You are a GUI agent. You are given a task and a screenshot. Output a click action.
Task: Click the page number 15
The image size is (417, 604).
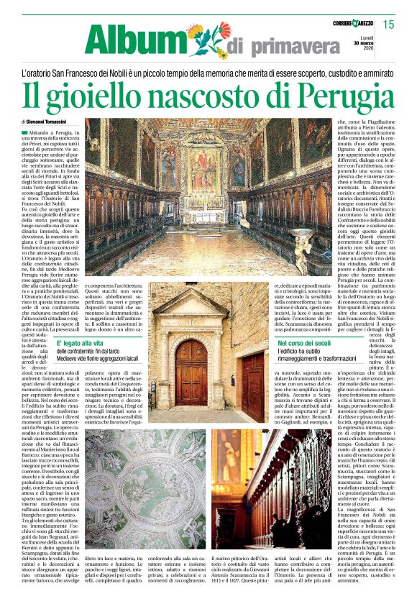tap(388, 24)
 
